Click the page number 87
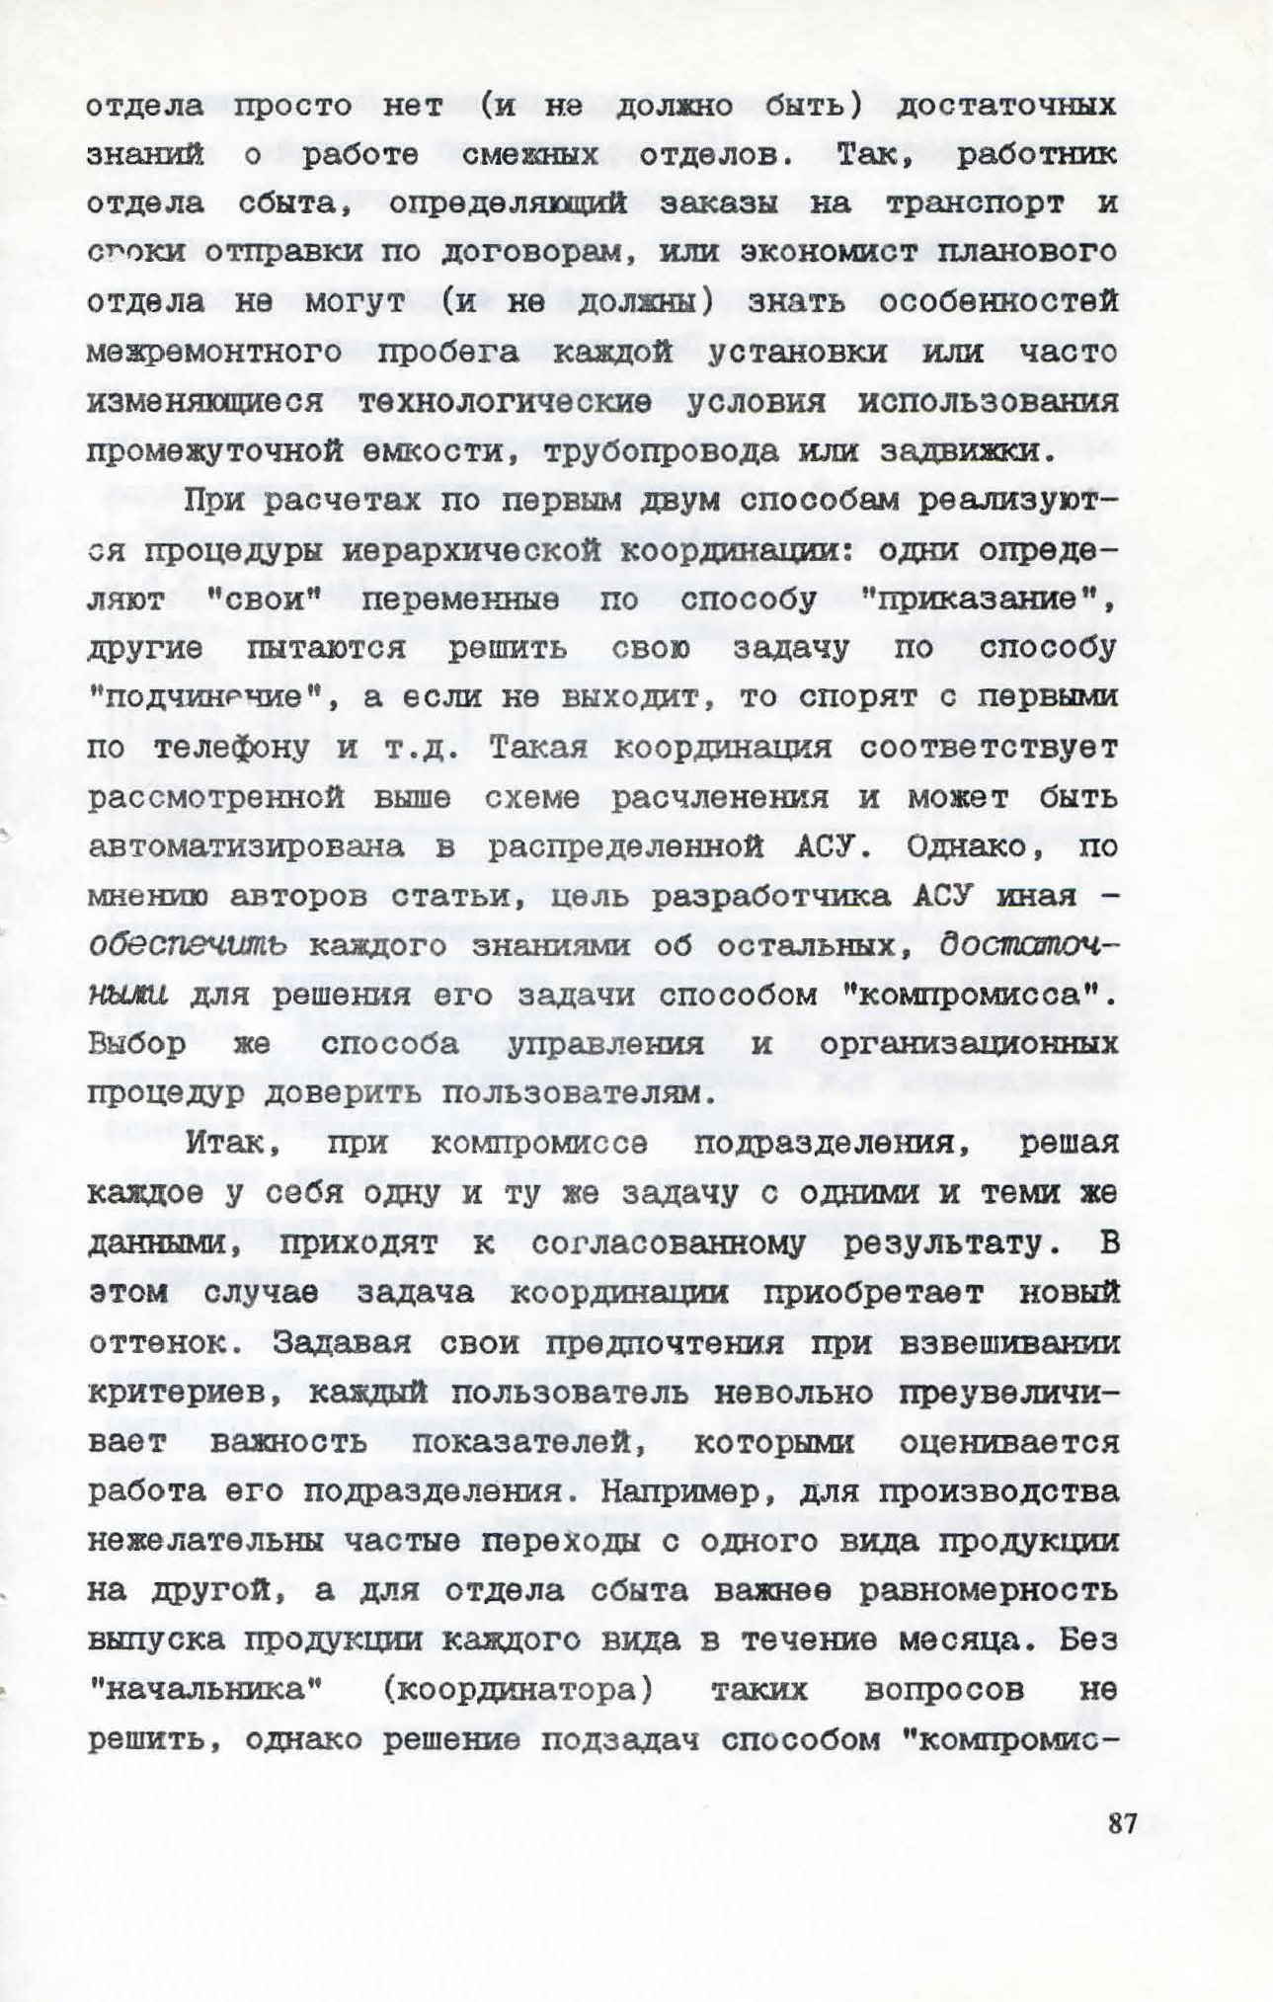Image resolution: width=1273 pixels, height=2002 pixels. tap(1122, 1822)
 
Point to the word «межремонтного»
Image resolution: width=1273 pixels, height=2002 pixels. tap(214, 353)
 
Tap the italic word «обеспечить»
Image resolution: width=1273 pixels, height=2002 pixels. tap(188, 945)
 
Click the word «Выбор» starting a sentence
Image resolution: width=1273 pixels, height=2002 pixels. tap(137, 1044)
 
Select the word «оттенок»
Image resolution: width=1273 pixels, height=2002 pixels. tap(168, 1343)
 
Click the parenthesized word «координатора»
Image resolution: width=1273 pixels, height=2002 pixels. tap(517, 1690)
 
